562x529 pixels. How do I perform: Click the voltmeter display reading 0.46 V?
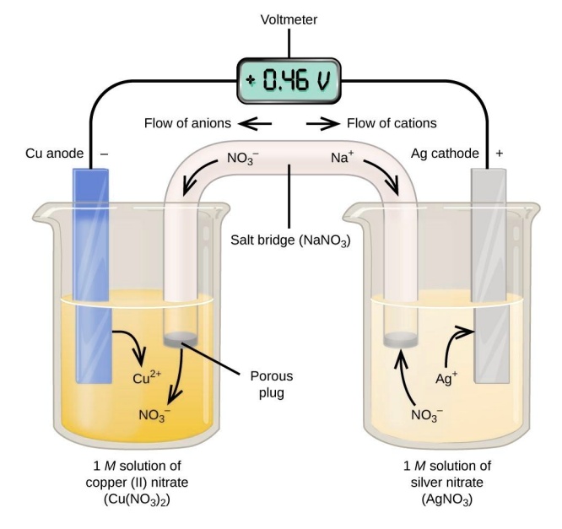289,82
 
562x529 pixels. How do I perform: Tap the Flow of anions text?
188,123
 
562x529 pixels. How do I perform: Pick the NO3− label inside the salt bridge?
245,158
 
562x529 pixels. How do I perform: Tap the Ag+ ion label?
446,377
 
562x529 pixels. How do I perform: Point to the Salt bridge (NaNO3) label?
291,240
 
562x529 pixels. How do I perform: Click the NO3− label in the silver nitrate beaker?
428,415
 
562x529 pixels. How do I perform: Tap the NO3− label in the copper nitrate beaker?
159,414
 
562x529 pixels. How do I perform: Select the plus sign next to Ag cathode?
499,154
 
